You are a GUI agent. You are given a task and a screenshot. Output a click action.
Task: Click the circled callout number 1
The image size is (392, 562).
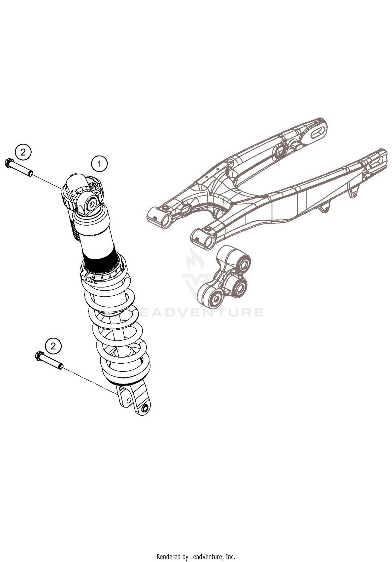point(99,164)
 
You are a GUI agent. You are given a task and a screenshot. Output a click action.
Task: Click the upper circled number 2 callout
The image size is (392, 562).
point(23,152)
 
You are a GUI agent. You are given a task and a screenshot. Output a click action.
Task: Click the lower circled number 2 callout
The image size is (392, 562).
point(53,346)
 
